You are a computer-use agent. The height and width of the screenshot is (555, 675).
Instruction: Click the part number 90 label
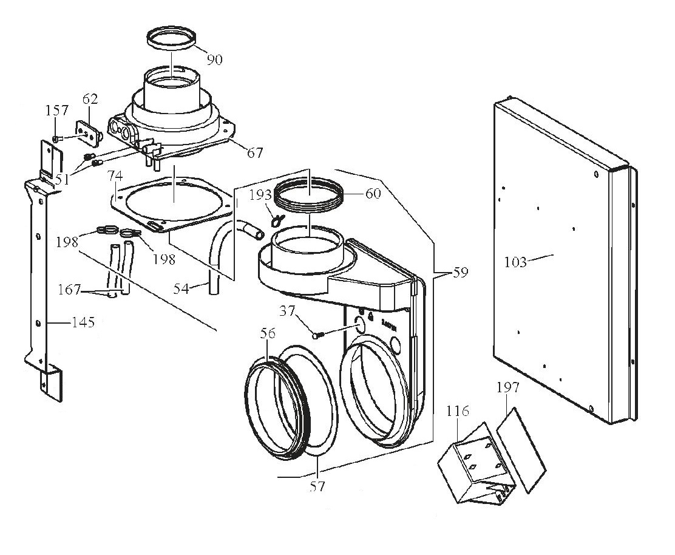tap(214, 59)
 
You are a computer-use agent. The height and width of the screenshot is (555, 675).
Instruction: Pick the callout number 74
tap(115, 176)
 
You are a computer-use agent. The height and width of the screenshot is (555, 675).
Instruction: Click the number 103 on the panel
tap(515, 262)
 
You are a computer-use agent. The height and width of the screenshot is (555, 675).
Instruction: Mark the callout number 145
tap(82, 322)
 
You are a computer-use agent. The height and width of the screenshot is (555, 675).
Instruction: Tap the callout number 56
tap(268, 333)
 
